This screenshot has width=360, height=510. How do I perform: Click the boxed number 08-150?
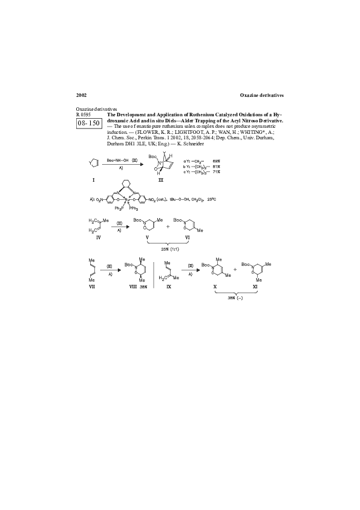88,123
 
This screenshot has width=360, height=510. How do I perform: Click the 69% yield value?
216,162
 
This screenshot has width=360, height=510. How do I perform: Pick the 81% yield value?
216,167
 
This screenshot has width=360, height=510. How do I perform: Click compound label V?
148,239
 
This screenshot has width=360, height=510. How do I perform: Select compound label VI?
187,239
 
